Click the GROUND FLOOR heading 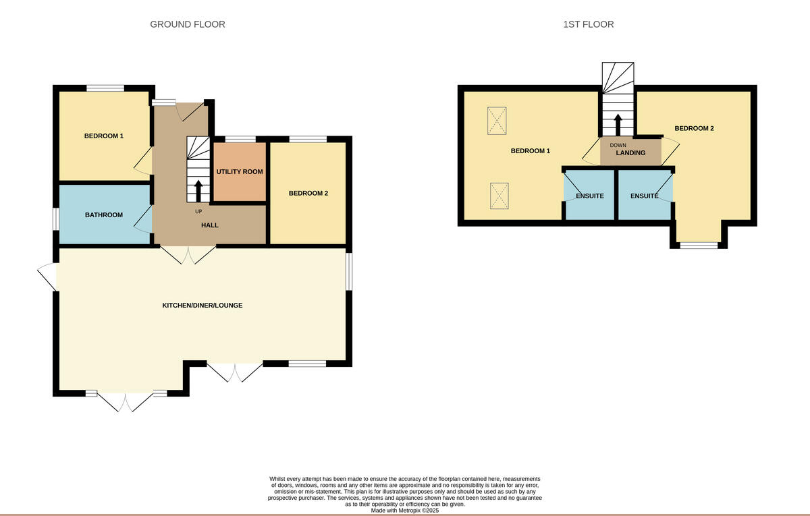click(x=188, y=24)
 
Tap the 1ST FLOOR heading click(x=589, y=24)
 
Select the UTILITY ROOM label click(x=240, y=171)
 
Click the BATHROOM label click(x=104, y=215)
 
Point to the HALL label click(x=210, y=225)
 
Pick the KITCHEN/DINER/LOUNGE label click(x=202, y=306)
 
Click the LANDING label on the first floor click(x=630, y=153)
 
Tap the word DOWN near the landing click(x=618, y=145)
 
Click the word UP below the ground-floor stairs click(x=198, y=211)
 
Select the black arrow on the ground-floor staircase click(x=198, y=191)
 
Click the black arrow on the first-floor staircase click(x=618, y=125)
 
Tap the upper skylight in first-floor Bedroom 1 click(x=497, y=121)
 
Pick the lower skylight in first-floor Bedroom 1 click(x=500, y=196)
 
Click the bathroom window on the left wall click(x=55, y=219)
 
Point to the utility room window click(x=240, y=139)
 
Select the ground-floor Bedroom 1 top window click(x=105, y=88)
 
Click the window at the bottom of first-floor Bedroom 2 click(x=699, y=246)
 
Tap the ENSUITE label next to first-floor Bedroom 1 click(x=590, y=196)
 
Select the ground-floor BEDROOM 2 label click(x=308, y=194)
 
